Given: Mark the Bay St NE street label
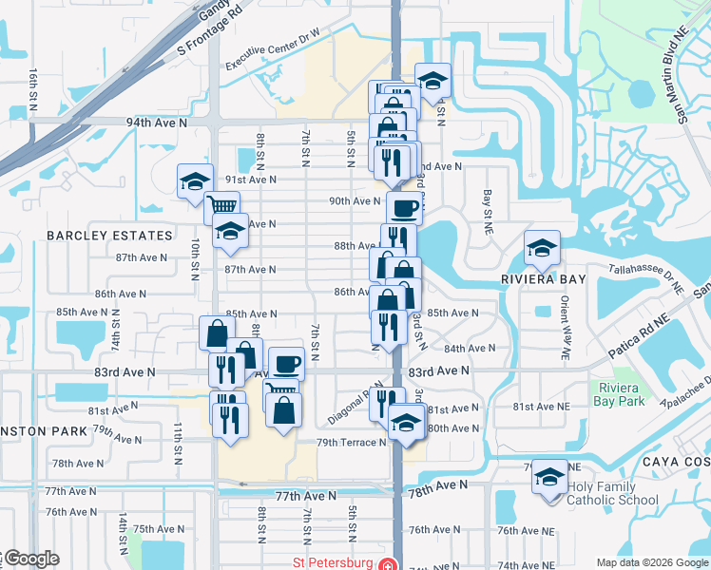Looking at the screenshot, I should tap(487, 212).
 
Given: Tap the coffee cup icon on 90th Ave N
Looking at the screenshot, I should tap(404, 207).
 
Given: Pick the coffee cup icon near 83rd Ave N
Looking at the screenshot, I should tap(286, 362).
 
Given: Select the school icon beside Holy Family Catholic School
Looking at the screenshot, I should tap(549, 476).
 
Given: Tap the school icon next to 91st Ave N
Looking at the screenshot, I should tap(194, 179).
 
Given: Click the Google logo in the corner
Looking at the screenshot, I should tap(30, 560).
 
